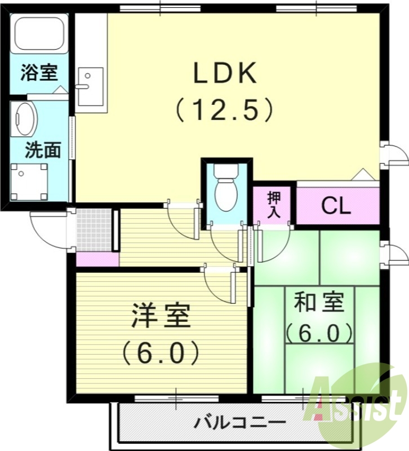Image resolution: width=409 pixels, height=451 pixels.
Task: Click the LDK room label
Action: click(225, 74)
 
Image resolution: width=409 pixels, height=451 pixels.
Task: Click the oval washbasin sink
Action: click(25, 120)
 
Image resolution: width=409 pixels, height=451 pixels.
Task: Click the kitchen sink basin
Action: click(90, 86)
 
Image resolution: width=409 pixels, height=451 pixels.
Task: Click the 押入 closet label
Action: click(274, 204)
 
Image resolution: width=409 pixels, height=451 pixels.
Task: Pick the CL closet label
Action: click(336, 207)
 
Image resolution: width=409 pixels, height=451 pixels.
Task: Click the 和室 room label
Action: click(319, 303)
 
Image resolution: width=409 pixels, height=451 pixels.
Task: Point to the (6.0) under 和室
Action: click(319, 334)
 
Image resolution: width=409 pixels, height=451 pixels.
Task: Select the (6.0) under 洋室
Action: click(161, 353)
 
